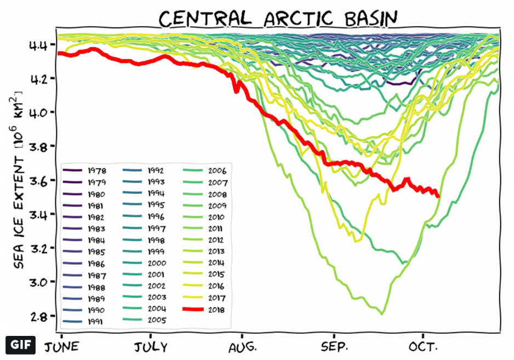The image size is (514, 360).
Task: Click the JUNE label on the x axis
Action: point(61,347)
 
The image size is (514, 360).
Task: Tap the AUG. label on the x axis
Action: point(242,347)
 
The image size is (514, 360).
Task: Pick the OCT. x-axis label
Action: point(423,347)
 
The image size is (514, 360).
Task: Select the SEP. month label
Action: point(333,347)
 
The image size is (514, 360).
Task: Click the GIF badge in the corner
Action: point(20,345)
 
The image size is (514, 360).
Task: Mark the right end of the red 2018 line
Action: point(438,196)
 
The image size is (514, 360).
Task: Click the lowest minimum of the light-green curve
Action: point(382,313)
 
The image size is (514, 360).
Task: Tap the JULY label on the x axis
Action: point(150,347)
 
